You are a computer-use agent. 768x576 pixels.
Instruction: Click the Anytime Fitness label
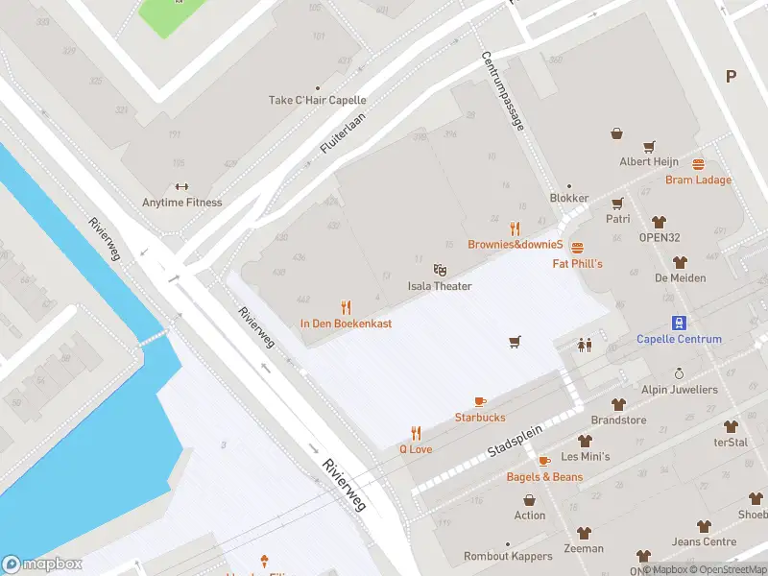[181, 203]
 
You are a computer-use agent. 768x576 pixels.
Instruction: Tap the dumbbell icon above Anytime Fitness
[181, 187]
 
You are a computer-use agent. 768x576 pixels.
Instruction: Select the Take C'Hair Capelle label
[317, 100]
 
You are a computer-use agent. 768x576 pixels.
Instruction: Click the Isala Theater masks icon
[440, 271]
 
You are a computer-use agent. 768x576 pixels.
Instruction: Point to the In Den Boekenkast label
[346, 324]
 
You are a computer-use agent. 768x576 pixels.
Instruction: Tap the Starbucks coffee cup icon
[480, 401]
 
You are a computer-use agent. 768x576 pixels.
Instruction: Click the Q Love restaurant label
[416, 448]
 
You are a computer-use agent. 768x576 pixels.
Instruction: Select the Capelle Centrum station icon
[679, 323]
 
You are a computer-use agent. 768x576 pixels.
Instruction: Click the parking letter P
[731, 77]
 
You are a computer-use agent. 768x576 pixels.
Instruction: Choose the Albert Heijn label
[649, 162]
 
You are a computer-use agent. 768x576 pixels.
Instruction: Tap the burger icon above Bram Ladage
[698, 164]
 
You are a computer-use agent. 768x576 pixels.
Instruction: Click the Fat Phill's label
[577, 263]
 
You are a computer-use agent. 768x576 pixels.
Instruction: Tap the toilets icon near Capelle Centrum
[584, 345]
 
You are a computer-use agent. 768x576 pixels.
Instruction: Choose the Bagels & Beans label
[544, 477]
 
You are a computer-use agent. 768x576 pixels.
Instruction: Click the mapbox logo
[42, 564]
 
